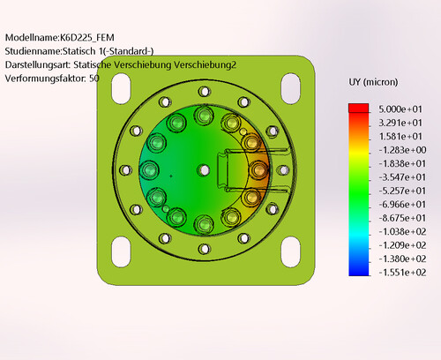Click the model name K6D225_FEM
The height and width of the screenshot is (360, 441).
(x=87, y=38)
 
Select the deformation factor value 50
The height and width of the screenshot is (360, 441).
(x=94, y=79)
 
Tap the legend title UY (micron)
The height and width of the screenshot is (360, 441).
(x=373, y=82)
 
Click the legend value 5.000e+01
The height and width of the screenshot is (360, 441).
(x=400, y=109)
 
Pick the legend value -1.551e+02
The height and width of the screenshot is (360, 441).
(x=402, y=273)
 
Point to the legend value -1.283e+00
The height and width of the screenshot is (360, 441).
(x=402, y=150)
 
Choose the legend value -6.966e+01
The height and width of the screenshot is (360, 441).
(x=402, y=205)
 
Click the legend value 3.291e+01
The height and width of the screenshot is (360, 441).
(x=400, y=123)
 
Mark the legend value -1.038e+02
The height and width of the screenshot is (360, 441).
(x=402, y=232)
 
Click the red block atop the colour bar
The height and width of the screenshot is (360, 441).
(x=359, y=108)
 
